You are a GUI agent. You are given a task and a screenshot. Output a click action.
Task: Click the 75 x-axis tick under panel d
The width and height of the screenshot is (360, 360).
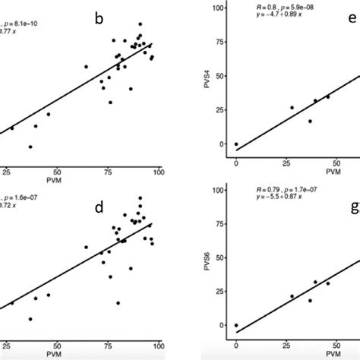108,344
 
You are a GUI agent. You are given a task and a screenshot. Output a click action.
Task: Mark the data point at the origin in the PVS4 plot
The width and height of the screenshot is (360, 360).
236,144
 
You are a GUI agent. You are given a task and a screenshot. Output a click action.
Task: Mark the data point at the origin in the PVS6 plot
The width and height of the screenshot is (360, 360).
236,325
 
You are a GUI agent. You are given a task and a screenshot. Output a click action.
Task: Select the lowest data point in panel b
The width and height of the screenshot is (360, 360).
30,147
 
